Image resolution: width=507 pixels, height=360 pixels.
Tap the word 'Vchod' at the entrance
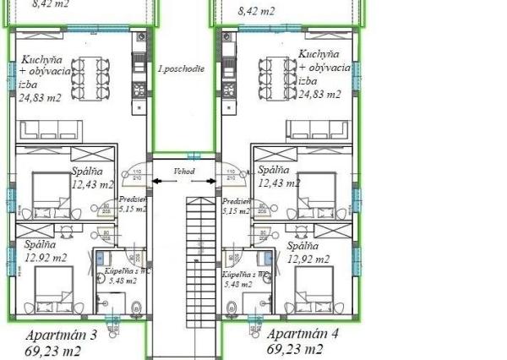[x=184, y=172]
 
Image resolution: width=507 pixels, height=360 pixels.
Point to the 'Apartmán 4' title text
[x=302, y=333]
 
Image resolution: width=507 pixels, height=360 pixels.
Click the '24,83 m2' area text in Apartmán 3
[x=41, y=99]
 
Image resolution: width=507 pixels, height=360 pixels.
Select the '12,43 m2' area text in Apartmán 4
[x=278, y=182]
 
